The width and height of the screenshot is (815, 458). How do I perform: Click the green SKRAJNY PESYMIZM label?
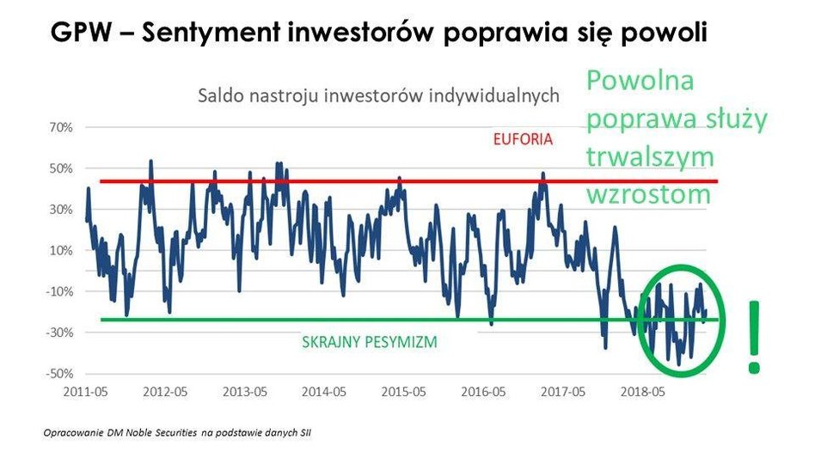(x=370, y=342)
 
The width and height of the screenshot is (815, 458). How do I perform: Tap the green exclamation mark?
(x=754, y=337)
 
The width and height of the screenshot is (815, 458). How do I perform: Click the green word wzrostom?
(x=649, y=193)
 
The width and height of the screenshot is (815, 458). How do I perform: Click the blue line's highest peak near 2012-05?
(x=151, y=161)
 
